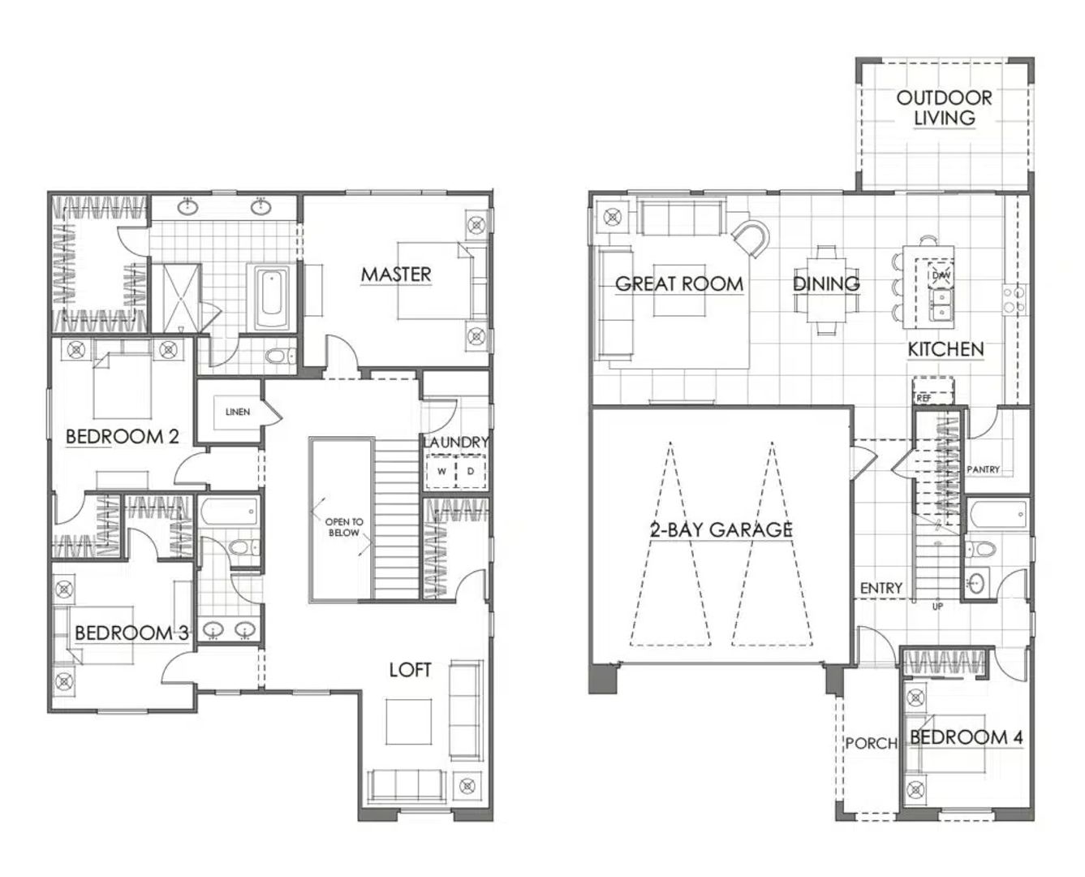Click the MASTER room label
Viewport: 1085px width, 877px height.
tap(396, 274)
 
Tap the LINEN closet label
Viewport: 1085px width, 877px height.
tap(238, 411)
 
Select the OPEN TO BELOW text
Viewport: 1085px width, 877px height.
tap(344, 527)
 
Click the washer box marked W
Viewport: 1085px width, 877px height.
tap(441, 471)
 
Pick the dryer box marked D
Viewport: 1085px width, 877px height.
tap(470, 471)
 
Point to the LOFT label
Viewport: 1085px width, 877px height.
tap(410, 670)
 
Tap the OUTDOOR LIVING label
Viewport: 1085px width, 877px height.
tap(944, 107)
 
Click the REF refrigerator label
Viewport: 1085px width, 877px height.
tap(924, 399)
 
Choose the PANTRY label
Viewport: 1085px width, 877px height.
tap(983, 469)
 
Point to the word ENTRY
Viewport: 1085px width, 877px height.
tap(880, 588)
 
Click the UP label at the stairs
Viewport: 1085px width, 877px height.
tap(937, 607)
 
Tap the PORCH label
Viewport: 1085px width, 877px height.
tap(871, 744)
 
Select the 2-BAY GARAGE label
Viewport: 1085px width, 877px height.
tap(721, 530)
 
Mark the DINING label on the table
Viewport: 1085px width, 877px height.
tap(826, 283)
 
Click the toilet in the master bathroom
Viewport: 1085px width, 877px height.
tap(280, 356)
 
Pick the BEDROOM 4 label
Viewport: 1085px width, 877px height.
tap(966, 737)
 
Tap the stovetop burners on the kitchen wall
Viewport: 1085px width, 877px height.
tap(1014, 299)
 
